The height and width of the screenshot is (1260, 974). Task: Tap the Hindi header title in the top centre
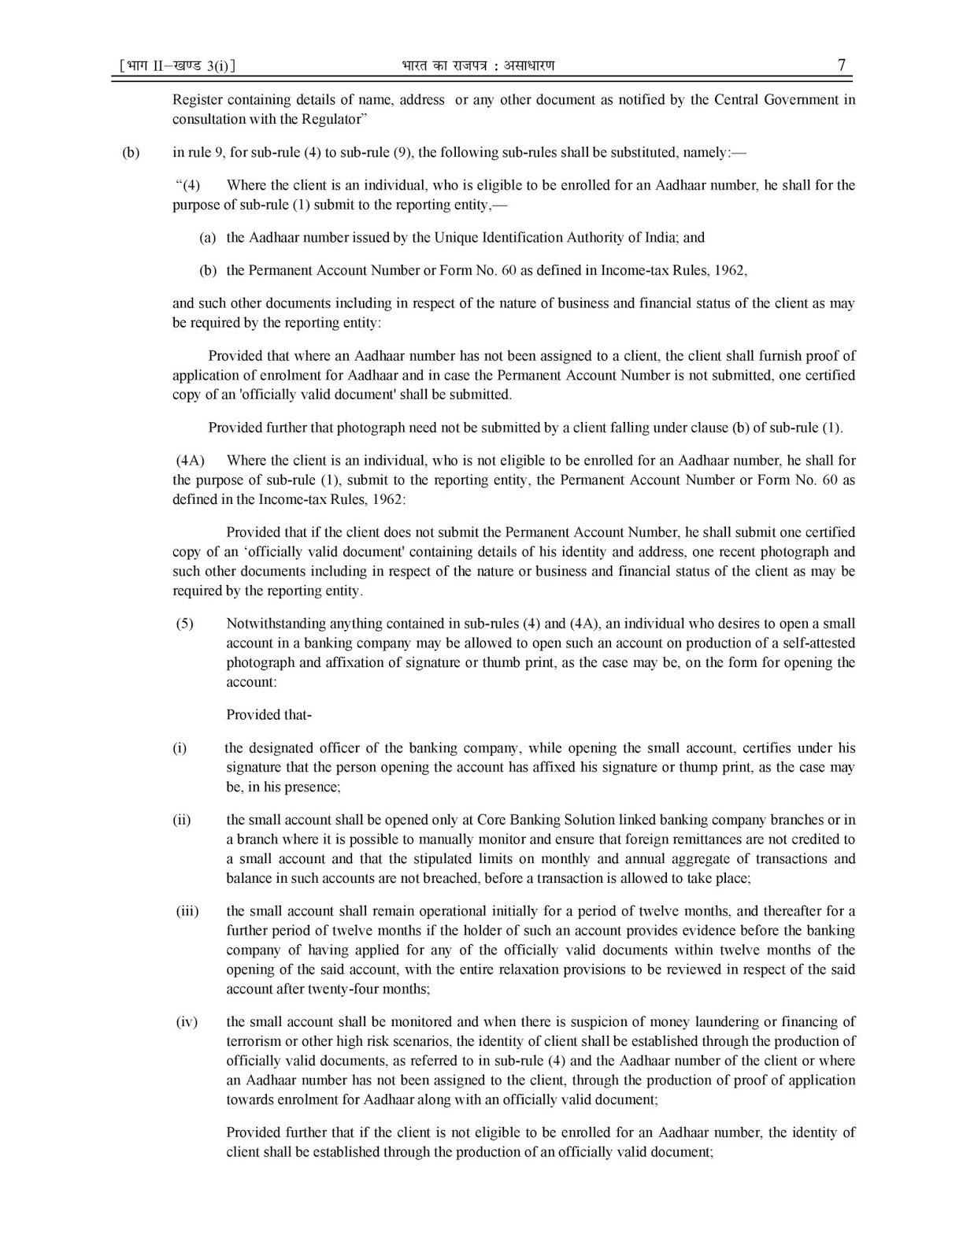477,65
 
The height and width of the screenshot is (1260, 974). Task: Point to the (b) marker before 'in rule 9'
131,152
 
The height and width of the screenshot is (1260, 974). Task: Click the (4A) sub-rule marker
190,460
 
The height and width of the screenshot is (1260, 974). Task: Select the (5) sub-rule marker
184,624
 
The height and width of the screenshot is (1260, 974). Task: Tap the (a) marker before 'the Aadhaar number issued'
207,237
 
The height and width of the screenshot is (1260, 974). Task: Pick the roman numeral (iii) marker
187,911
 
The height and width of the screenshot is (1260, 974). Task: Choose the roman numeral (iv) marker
187,1022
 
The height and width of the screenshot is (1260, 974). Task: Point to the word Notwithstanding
276,624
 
